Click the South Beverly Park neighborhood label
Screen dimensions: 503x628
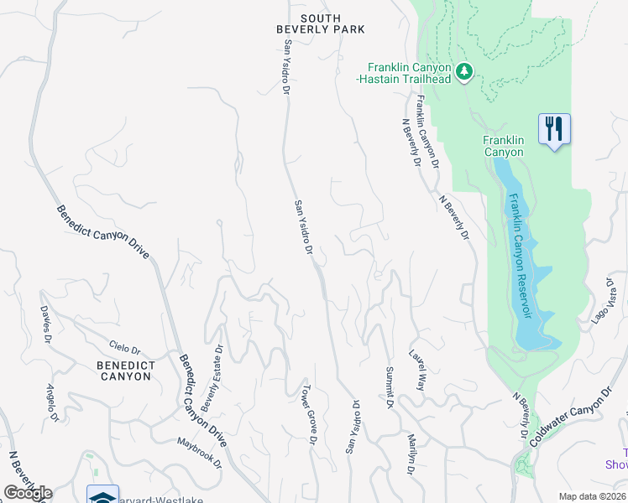tap(321, 23)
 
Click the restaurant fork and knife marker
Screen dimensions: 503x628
tap(554, 128)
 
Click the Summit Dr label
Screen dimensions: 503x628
tap(390, 386)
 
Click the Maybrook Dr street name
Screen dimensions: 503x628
tap(200, 453)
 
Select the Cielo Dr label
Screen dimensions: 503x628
tap(124, 347)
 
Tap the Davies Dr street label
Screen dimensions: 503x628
tap(46, 319)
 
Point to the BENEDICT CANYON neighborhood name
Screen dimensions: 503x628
tap(124, 371)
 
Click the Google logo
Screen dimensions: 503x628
tap(28, 493)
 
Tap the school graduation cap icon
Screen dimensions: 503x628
tap(102, 495)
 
